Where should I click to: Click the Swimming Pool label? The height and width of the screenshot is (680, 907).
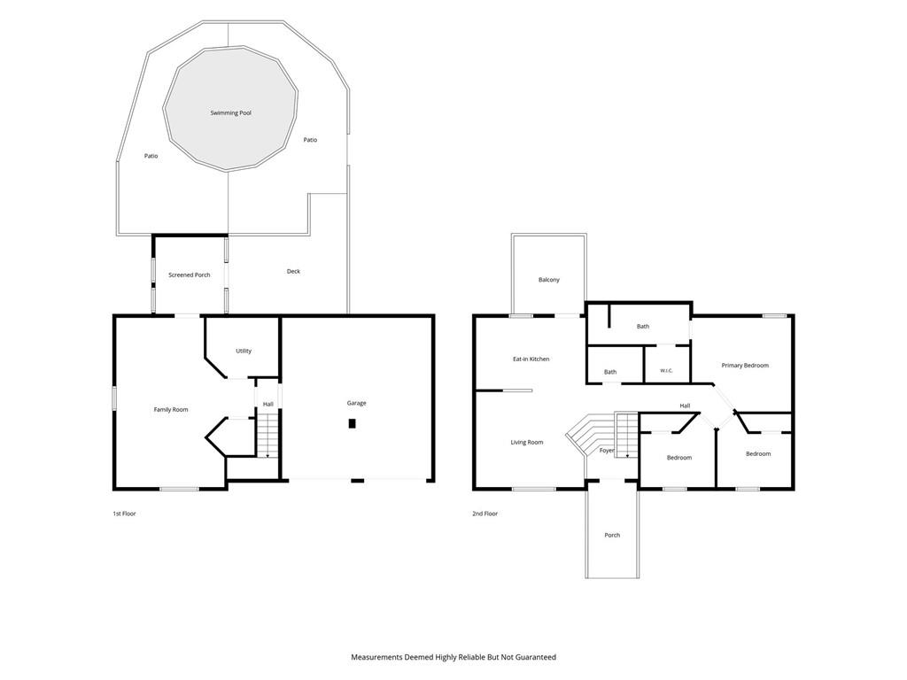click(231, 112)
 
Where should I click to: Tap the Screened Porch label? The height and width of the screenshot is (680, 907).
click(190, 274)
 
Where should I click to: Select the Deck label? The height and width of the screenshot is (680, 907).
click(293, 271)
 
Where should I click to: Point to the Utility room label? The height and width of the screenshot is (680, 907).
click(244, 351)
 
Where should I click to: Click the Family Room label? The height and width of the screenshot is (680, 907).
click(171, 409)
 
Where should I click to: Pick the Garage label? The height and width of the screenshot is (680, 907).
click(356, 403)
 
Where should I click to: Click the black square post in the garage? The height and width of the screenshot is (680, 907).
click(352, 423)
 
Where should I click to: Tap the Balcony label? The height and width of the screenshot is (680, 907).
click(549, 280)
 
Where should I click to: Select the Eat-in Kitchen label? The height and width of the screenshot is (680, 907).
click(531, 359)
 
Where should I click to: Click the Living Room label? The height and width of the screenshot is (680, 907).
click(526, 443)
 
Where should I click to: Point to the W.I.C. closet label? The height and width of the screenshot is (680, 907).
click(666, 371)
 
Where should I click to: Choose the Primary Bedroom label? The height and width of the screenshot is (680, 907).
click(745, 366)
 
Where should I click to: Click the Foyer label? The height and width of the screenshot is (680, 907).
click(607, 451)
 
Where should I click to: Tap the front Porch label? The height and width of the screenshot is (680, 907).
click(612, 535)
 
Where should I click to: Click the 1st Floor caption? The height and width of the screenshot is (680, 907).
click(124, 514)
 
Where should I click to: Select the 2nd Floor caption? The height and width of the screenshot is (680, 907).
click(485, 514)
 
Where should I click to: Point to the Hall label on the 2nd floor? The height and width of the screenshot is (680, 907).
click(685, 406)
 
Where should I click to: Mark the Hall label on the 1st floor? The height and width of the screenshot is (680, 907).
click(267, 404)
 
